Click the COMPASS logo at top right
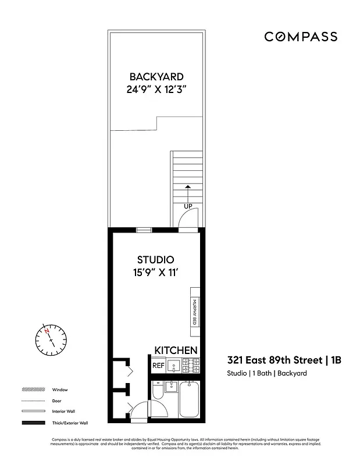click(301, 37)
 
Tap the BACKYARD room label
click(156, 77)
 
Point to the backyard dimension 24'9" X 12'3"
click(156, 90)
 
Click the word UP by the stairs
click(188, 206)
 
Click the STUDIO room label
click(155, 259)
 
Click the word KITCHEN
click(176, 350)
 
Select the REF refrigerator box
click(158, 366)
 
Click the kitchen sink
click(173, 366)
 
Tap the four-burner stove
click(191, 366)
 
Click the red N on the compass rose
click(47, 330)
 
